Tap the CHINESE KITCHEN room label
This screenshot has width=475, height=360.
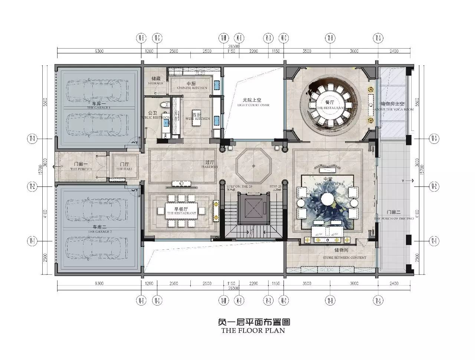192,87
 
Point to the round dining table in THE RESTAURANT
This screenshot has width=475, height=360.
328,105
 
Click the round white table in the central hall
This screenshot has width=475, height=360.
328,200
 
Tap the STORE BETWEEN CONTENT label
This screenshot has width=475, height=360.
345,258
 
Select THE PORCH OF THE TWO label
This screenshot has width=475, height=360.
394,218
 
